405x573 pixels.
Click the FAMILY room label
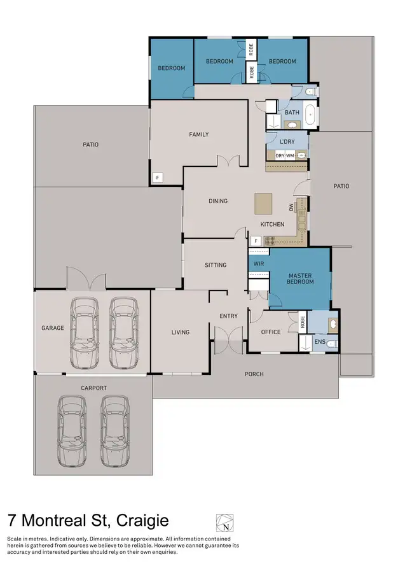click(x=198, y=134)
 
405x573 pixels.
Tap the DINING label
click(x=218, y=201)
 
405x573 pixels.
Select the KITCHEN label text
click(x=272, y=224)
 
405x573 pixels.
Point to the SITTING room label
click(x=216, y=265)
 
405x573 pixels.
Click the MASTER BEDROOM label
click(x=300, y=278)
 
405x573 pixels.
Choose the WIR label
click(x=258, y=263)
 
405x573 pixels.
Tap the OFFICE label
click(x=271, y=332)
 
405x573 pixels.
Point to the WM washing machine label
click(x=290, y=155)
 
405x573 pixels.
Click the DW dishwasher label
click(x=291, y=208)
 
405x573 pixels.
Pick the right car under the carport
click(x=114, y=430)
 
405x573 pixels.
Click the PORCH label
click(x=254, y=374)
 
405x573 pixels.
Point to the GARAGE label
click(x=53, y=328)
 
